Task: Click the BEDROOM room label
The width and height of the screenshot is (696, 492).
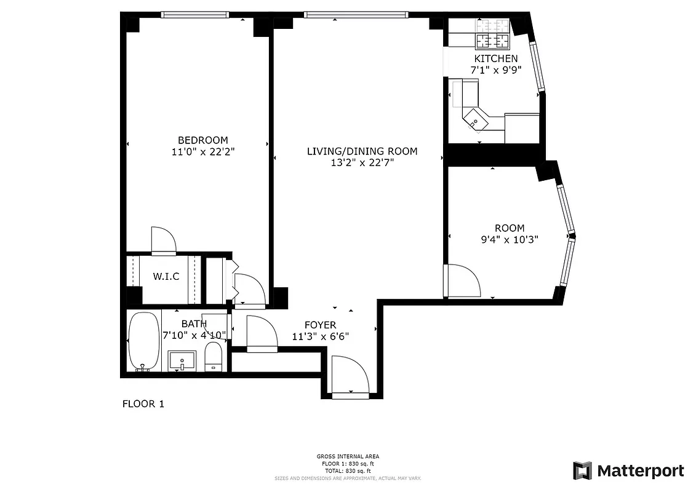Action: tap(202, 140)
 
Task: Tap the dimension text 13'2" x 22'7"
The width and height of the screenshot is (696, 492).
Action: tap(362, 163)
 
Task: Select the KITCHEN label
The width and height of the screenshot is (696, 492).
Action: tap(495, 58)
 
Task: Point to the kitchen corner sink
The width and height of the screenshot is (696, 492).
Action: tap(474, 121)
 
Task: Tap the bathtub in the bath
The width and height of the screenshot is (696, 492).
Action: tap(143, 341)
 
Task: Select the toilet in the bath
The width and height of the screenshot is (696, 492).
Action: tap(213, 357)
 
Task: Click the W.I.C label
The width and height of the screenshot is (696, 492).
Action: tap(166, 277)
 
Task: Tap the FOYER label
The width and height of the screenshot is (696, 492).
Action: tap(321, 325)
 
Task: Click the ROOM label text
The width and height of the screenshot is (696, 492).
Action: tap(510, 228)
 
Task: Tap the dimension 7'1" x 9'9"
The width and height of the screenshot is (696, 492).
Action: tap(495, 70)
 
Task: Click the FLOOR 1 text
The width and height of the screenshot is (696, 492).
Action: tap(143, 404)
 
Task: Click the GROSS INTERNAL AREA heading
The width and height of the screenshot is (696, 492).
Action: tap(348, 456)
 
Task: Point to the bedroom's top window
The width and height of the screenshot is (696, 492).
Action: tap(195, 15)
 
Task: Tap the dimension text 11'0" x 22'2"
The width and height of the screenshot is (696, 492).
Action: tap(202, 151)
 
